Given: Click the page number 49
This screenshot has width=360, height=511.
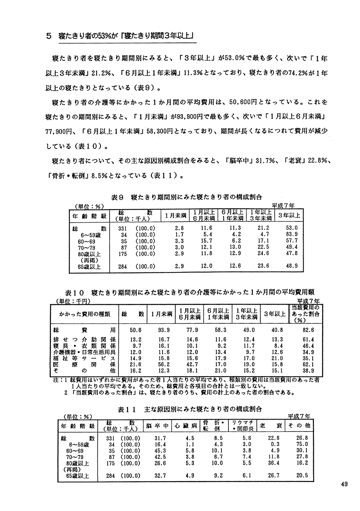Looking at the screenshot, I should (x=345, y=484).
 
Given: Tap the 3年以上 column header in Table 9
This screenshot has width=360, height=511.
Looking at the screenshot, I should (x=289, y=215).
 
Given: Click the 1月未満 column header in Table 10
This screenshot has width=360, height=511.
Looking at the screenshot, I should (x=161, y=314).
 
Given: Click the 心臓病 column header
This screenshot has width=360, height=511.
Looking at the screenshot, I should (x=184, y=426).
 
